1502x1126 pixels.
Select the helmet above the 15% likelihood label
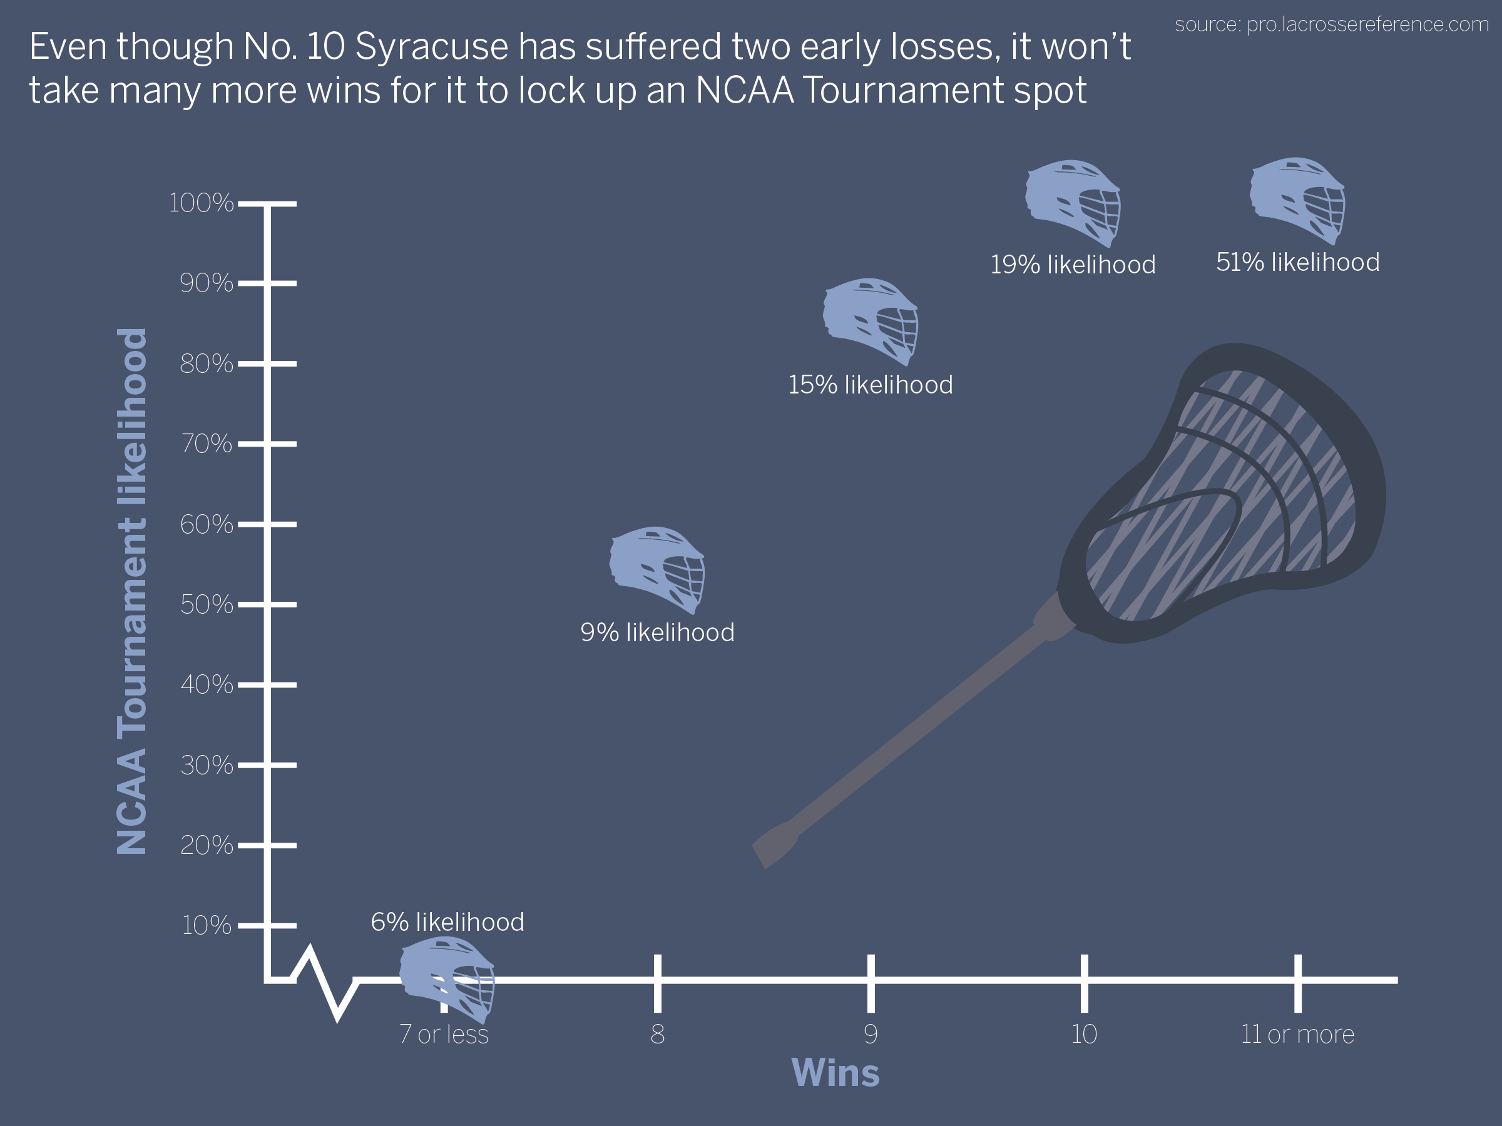tap(870, 322)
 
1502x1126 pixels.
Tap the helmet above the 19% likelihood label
tap(1073, 203)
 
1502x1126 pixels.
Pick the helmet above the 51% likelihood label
tap(1297, 201)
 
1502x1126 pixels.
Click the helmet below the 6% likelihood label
tap(447, 980)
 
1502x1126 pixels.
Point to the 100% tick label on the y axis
tap(201, 203)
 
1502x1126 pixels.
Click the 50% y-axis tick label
tap(207, 604)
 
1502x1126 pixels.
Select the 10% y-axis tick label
tap(207, 925)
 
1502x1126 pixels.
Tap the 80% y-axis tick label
tap(207, 364)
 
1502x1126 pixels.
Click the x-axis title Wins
tap(835, 1073)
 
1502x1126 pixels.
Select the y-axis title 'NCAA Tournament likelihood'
tap(131, 591)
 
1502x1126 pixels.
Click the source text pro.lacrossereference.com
tap(1367, 24)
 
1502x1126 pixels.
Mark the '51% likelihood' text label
tap(1297, 262)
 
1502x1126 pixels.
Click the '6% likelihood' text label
tap(447, 921)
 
